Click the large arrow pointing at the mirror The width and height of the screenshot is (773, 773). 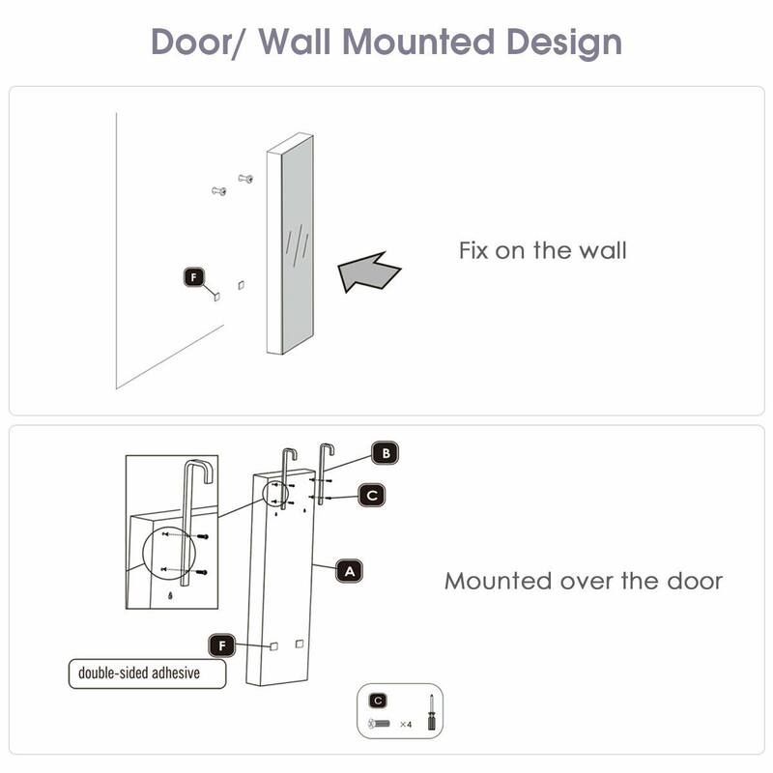(369, 274)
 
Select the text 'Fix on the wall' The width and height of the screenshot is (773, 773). (542, 251)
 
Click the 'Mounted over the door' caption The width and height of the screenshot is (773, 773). (583, 581)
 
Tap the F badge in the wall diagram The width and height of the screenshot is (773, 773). (193, 277)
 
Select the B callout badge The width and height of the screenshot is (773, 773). (386, 452)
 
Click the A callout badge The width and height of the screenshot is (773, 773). (350, 571)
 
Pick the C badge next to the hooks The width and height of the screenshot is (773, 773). (372, 495)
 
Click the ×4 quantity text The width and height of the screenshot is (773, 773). (406, 723)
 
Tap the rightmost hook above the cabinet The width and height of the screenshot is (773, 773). (323, 473)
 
